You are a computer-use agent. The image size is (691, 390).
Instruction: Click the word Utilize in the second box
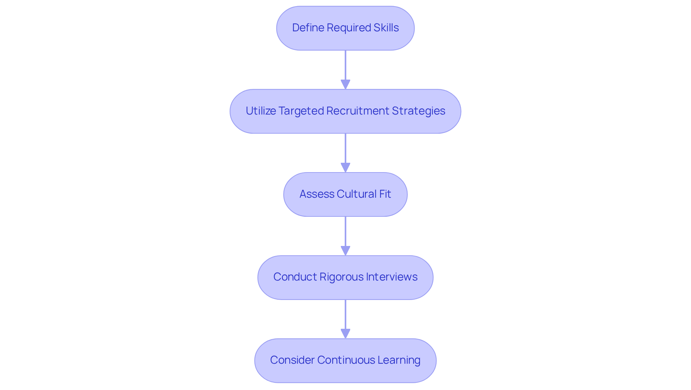tap(261, 111)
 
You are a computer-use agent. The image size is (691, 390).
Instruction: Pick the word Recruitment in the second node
tap(358, 111)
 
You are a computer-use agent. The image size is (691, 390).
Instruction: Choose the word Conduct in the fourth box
tap(295, 277)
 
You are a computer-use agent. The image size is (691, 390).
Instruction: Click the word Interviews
tap(392, 277)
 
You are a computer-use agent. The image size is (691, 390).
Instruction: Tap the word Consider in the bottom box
tap(292, 360)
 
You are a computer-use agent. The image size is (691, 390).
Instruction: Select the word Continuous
tap(341, 360)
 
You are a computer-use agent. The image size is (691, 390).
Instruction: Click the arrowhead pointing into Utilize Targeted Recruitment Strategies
tap(345, 84)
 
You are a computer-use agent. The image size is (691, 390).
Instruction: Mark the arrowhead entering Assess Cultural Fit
tap(345, 167)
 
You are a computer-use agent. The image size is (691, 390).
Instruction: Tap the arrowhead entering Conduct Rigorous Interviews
tap(345, 251)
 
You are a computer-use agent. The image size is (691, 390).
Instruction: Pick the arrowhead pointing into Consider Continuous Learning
tap(345, 333)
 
